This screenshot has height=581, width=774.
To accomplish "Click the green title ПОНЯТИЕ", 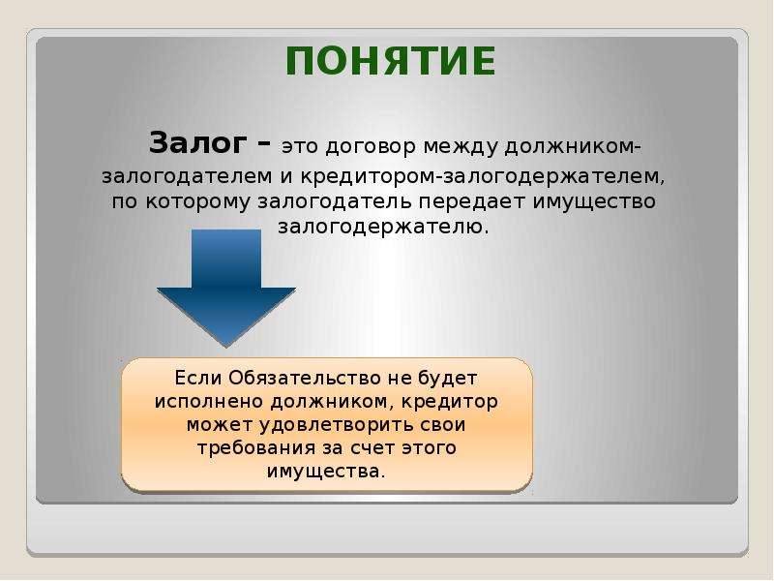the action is click(x=391, y=61).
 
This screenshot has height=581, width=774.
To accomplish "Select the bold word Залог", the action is click(x=197, y=144).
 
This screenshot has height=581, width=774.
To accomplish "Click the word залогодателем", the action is click(x=187, y=177).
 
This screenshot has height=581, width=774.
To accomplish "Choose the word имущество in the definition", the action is click(x=594, y=202).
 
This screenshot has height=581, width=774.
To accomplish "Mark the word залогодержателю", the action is click(x=383, y=228).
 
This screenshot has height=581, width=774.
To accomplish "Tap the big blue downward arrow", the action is click(x=226, y=288).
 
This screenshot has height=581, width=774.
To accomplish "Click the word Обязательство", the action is click(x=305, y=378).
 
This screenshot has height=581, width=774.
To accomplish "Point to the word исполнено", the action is click(x=209, y=402).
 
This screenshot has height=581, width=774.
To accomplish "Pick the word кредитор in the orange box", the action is click(x=449, y=401).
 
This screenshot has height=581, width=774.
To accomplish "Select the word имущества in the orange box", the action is click(x=326, y=472).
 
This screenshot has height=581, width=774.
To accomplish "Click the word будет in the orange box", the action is click(x=447, y=379).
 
